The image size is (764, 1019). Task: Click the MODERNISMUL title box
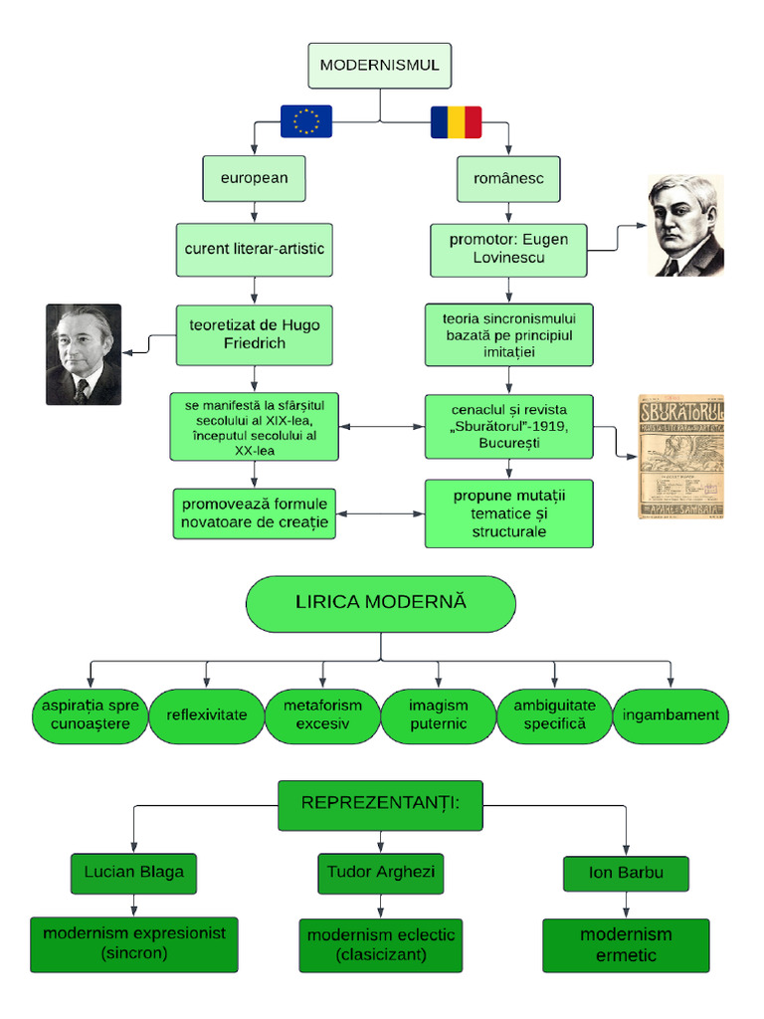point(379,67)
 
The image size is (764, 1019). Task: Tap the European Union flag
point(306,121)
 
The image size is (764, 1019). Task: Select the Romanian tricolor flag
point(456,121)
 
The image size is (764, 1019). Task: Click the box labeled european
point(254,178)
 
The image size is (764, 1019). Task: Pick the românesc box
point(508,179)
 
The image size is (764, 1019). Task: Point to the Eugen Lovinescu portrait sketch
point(686,226)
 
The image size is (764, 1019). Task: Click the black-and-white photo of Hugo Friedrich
point(84,354)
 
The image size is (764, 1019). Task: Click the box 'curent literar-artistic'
point(255,249)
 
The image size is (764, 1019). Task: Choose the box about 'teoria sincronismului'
point(509,334)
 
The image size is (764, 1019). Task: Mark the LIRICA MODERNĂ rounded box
point(381,603)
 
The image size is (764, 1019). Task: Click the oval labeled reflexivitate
point(206,715)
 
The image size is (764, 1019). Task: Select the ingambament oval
point(669,715)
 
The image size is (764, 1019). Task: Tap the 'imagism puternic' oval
point(438,715)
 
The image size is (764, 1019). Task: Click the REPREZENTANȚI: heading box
point(380,804)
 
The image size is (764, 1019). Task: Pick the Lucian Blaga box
point(134,873)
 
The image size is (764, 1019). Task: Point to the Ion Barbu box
point(626,874)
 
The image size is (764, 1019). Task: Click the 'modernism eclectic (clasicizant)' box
point(381,944)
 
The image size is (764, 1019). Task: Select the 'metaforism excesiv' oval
point(322,715)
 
